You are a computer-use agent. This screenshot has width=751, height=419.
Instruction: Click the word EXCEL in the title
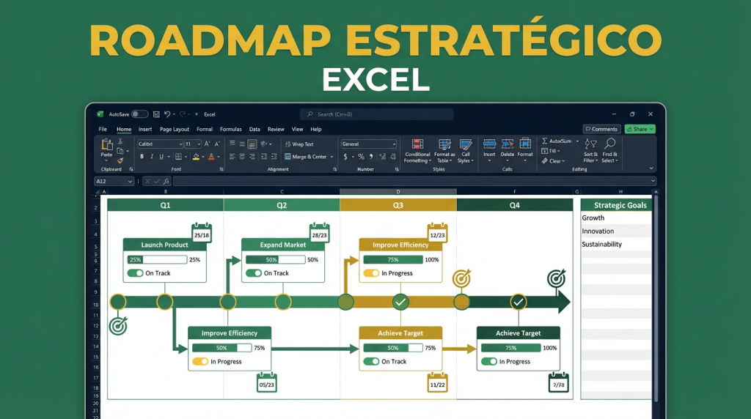(375, 79)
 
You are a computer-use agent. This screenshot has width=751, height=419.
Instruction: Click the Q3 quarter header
(398, 206)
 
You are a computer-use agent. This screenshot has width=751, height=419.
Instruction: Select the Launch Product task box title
(165, 245)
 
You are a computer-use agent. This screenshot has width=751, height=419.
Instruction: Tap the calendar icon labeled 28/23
(320, 234)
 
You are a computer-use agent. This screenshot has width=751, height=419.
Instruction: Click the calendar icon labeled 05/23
(267, 382)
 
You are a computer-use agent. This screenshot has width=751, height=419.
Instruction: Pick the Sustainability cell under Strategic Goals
(601, 244)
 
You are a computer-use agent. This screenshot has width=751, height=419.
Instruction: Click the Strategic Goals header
(620, 206)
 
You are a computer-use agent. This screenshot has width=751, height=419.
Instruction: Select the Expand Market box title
(283, 245)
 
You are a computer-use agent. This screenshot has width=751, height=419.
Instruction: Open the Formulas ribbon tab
(231, 129)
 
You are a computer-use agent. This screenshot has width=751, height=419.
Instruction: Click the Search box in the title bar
(376, 114)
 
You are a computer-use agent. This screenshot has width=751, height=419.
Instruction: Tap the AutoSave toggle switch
(139, 114)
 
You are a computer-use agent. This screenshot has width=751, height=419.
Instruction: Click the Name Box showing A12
(114, 181)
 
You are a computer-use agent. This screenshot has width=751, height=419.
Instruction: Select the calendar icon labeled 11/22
(437, 382)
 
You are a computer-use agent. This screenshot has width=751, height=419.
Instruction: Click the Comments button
(601, 129)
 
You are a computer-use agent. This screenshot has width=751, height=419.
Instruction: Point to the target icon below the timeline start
(118, 325)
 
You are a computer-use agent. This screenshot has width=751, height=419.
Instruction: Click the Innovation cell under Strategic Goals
(598, 231)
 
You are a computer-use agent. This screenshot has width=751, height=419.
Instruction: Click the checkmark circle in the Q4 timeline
(519, 302)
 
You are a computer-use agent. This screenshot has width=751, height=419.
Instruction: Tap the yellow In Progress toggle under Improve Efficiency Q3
(371, 273)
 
